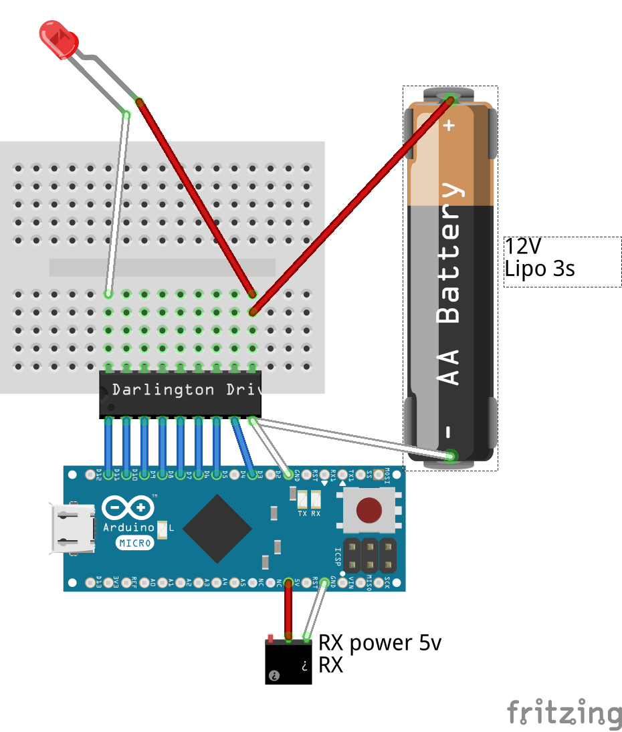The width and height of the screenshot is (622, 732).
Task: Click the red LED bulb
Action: (x=59, y=39)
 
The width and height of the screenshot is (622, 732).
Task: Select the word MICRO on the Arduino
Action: (x=134, y=543)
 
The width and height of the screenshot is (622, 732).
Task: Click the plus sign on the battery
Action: (x=449, y=124)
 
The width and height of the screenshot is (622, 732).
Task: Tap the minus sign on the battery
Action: (x=449, y=431)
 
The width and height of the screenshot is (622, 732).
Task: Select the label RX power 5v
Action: (x=379, y=643)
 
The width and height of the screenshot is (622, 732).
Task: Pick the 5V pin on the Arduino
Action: (x=289, y=583)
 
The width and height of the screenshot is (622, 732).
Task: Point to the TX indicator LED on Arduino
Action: (x=302, y=499)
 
